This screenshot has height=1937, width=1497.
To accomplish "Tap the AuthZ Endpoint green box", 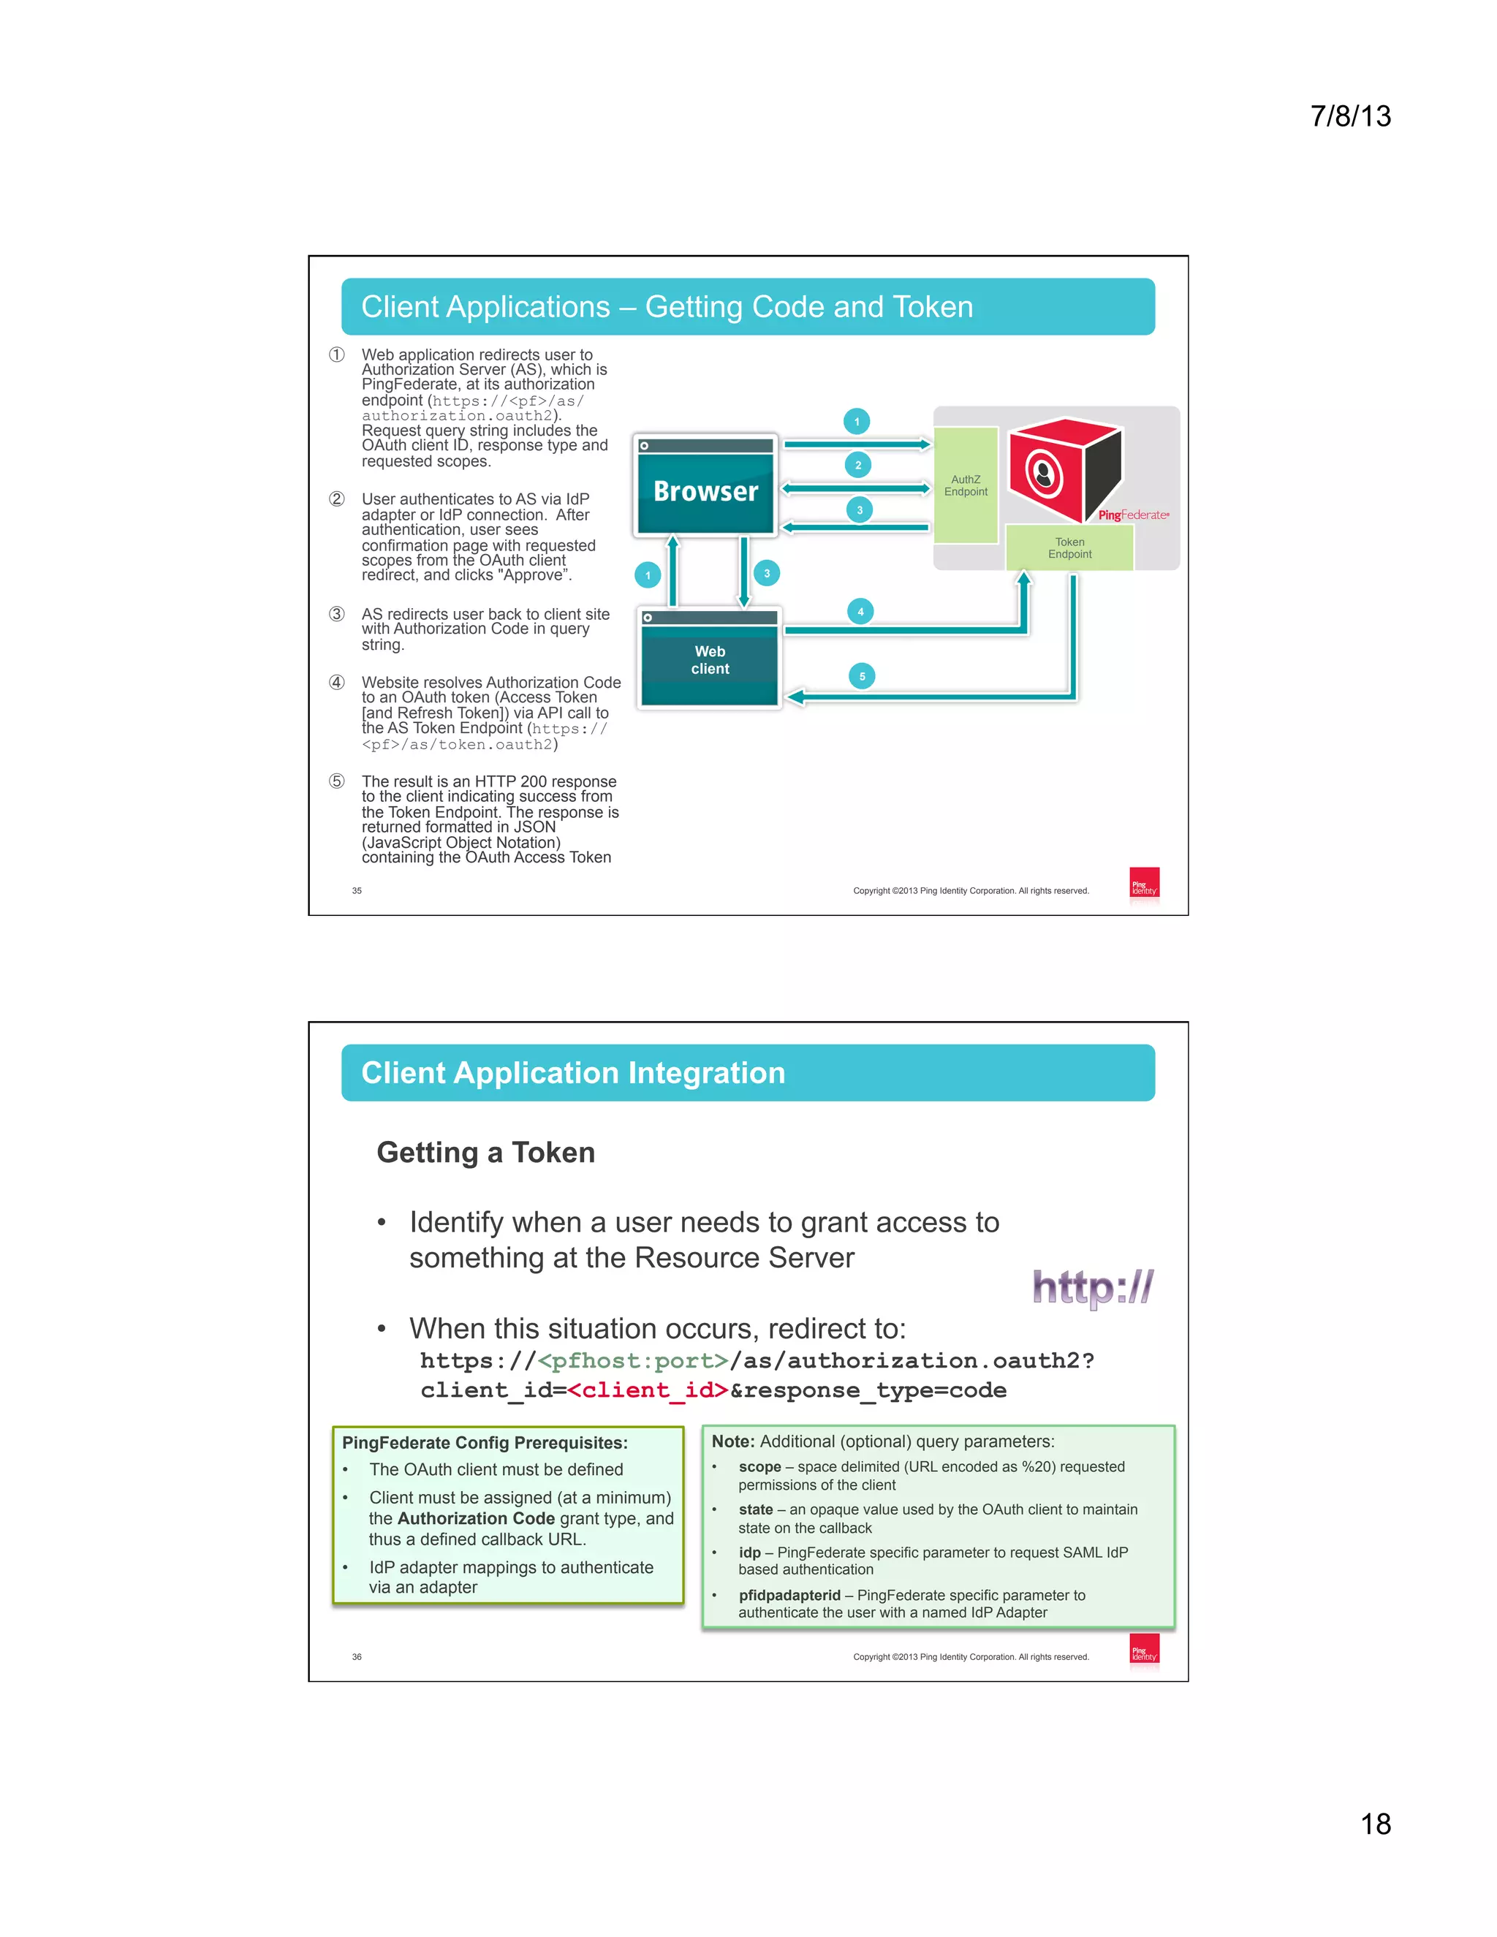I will pos(966,485).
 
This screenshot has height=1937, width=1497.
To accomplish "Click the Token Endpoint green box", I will pos(1069,548).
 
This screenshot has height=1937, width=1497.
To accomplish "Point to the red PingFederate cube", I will pos(1064,469).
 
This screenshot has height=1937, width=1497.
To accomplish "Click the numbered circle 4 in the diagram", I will pos(860,612).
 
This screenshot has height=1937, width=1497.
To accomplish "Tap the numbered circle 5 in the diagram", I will pos(862,677).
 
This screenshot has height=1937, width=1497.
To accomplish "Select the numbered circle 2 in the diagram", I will pos(857,466).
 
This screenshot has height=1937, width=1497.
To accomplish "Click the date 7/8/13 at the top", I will pos(1350,116).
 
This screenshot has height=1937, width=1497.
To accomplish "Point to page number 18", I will pos(1376,1824).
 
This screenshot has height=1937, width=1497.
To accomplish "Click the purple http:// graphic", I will pos(1093,1288).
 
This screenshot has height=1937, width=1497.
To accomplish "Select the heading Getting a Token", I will pos(486,1152).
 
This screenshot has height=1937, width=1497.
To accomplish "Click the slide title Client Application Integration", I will pos(573,1073).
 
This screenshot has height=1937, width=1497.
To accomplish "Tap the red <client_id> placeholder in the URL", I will pos(648,1390).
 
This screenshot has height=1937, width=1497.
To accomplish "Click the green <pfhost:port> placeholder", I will pos(632,1360).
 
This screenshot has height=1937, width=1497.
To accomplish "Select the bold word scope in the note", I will pos(760,1467).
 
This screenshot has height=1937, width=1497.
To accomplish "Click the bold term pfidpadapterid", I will pos(789,1596).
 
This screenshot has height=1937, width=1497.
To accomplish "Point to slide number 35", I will pos(357,890).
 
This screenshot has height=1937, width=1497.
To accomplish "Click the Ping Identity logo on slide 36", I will pos(1144,1650).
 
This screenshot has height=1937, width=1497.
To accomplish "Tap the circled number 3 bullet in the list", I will pos(337,615).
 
